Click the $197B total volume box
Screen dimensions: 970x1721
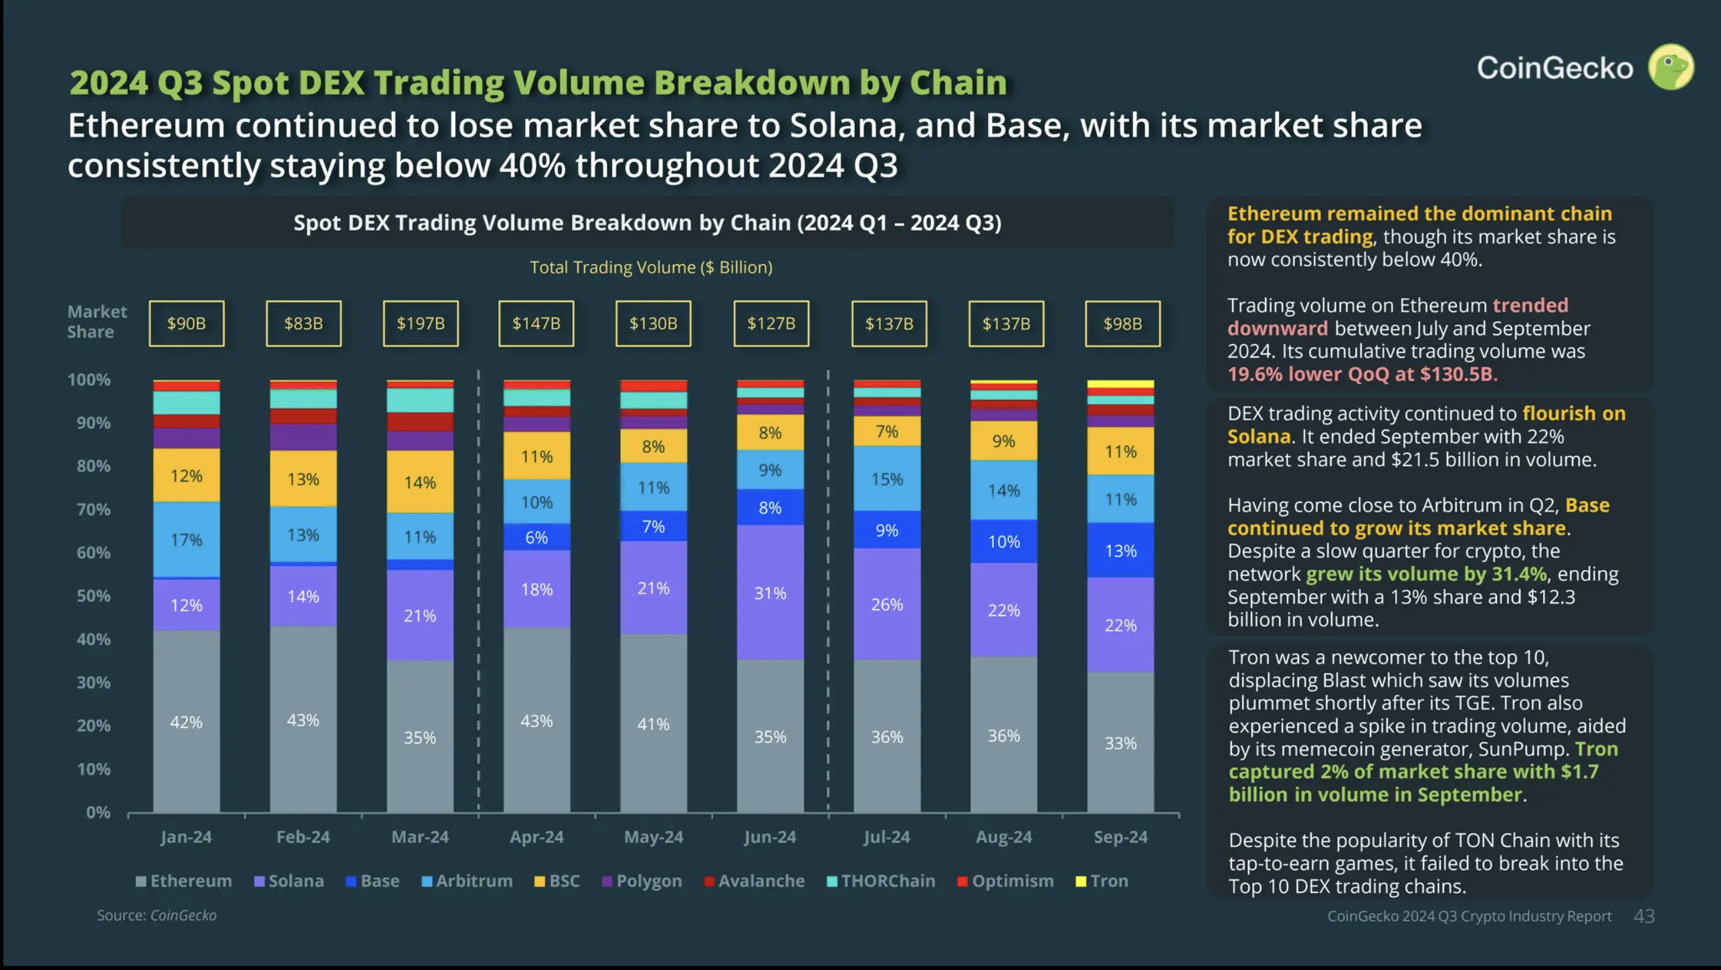(421, 324)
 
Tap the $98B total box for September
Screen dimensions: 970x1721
(1122, 324)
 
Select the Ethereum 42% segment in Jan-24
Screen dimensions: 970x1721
(186, 722)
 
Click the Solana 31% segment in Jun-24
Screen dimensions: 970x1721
(770, 593)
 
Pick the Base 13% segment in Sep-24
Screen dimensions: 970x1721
(1120, 551)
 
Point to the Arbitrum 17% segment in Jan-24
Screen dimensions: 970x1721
(186, 539)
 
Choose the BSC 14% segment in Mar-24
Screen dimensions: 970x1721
(420, 482)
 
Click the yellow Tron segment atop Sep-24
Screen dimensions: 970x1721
(1120, 384)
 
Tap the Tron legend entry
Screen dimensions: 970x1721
(1102, 881)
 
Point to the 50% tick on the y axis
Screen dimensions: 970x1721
(93, 596)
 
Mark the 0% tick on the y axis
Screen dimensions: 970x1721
(98, 812)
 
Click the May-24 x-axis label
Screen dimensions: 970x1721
(653, 837)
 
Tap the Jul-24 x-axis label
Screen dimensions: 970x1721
(887, 837)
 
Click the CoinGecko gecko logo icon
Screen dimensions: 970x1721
(1671, 67)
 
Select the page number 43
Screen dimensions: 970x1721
(1644, 916)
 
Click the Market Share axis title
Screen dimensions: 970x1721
(96, 322)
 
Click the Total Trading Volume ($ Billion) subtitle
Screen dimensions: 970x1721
(651, 268)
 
